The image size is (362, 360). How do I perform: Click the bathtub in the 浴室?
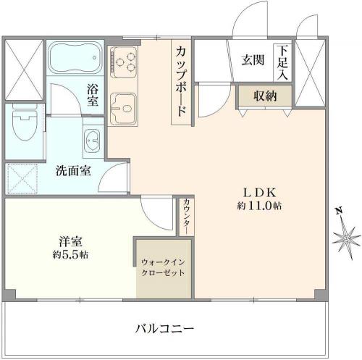[x=76, y=58]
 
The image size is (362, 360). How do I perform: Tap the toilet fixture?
[x=25, y=122]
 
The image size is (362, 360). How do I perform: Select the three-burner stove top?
[x=123, y=62]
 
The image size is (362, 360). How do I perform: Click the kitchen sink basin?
[x=123, y=109]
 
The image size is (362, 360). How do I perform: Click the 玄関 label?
[x=253, y=60]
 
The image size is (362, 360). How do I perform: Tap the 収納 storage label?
[x=265, y=96]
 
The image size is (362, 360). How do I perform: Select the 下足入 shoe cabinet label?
[x=282, y=62]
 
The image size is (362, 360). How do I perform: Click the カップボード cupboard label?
[x=181, y=82]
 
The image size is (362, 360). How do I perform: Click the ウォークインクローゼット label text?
[x=164, y=267]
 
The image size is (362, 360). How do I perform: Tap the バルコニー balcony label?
[x=164, y=329]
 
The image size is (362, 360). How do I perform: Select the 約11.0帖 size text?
[x=259, y=206]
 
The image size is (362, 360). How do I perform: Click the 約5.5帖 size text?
[x=70, y=255]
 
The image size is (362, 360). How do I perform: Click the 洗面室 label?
[x=74, y=171]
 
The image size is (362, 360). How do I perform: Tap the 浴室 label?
[x=93, y=95]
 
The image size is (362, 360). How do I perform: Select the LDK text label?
[x=259, y=193]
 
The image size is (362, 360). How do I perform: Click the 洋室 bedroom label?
[x=70, y=242]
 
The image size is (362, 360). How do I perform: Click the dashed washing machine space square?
[x=22, y=179]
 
